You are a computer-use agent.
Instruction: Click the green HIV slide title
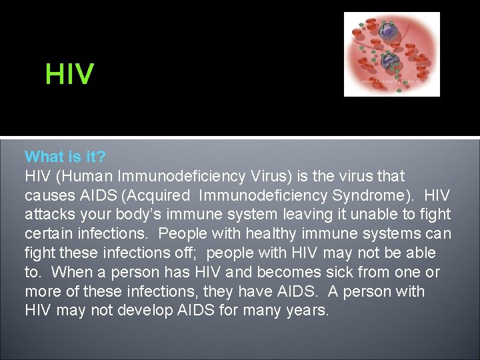(69, 74)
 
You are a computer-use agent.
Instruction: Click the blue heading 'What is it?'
(65, 157)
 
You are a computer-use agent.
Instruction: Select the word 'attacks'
(49, 215)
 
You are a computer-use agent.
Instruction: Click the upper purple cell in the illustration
(387, 31)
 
